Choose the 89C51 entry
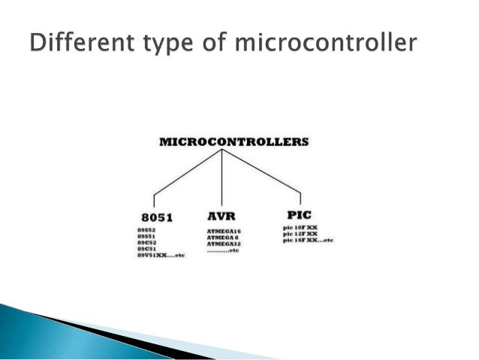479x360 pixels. click(146, 250)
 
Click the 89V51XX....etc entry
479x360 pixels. click(160, 256)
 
